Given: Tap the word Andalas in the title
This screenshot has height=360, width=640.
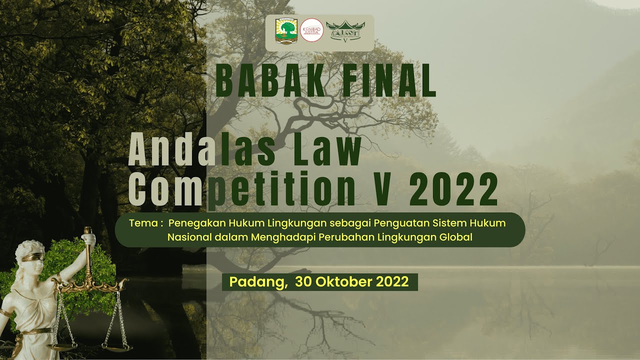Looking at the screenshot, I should point(202,151).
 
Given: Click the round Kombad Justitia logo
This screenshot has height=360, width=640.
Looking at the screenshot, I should point(311,30).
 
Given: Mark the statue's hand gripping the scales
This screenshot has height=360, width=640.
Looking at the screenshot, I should point(89,238).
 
